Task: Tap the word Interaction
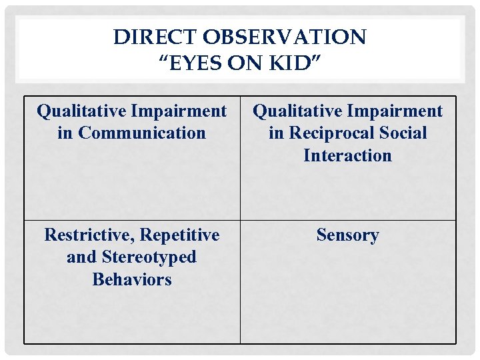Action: (x=347, y=155)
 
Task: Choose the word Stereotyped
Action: (x=150, y=257)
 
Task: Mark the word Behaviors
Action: (x=131, y=279)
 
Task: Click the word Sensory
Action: (x=347, y=235)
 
